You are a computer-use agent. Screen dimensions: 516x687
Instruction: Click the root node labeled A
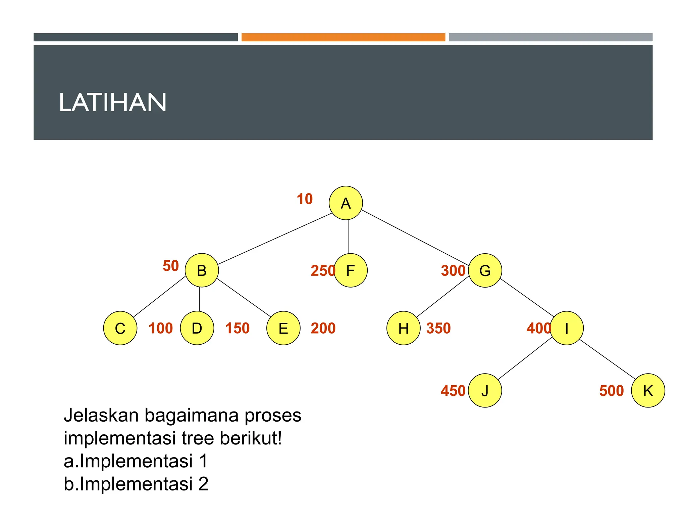pyautogui.click(x=346, y=203)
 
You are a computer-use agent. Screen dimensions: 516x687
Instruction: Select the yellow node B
pyautogui.click(x=202, y=270)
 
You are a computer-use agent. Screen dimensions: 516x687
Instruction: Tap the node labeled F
pyautogui.click(x=351, y=270)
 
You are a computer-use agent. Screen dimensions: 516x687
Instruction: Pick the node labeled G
pyautogui.click(x=485, y=270)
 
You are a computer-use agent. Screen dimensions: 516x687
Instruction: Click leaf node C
pyautogui.click(x=120, y=328)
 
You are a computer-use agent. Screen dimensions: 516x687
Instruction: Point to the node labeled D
pyautogui.click(x=197, y=328)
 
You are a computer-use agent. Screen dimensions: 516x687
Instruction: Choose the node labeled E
pyautogui.click(x=283, y=328)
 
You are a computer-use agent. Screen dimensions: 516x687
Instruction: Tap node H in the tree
pyautogui.click(x=403, y=328)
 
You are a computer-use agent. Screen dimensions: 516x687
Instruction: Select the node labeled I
pyautogui.click(x=567, y=328)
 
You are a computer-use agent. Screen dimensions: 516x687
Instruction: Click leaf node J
pyautogui.click(x=485, y=390)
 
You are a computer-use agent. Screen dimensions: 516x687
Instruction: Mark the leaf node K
pyautogui.click(x=648, y=390)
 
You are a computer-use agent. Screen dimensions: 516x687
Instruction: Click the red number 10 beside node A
pyautogui.click(x=305, y=199)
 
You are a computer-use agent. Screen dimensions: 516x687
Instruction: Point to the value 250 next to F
pyautogui.click(x=322, y=270)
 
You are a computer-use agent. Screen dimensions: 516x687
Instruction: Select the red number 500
pyautogui.click(x=611, y=391)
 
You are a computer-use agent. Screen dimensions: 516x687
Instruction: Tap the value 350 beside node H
pyautogui.click(x=438, y=328)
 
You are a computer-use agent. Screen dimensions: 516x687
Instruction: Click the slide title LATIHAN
pyautogui.click(x=113, y=102)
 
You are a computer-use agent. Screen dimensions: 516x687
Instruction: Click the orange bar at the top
pyautogui.click(x=343, y=37)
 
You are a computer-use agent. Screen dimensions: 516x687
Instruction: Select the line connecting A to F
pyautogui.click(x=348, y=236)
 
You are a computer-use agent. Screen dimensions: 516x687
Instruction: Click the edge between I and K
pyautogui.click(x=607, y=359)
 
